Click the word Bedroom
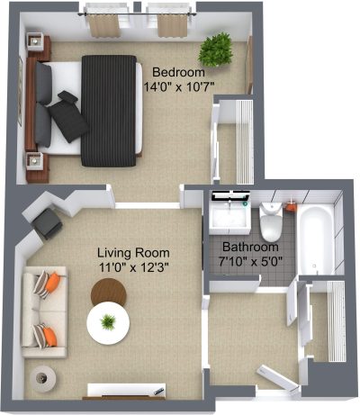tap(178, 73)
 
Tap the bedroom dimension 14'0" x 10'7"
tap(179, 87)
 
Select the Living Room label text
tap(133, 253)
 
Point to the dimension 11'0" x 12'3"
tap(134, 266)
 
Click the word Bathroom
tap(250, 247)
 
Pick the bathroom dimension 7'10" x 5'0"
tap(250, 262)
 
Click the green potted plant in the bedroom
tap(216, 50)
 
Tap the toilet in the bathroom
tap(271, 221)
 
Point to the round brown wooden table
tap(109, 292)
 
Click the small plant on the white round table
tap(108, 322)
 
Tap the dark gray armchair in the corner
tap(47, 223)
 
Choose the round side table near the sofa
tap(42, 379)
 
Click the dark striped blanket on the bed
tap(109, 111)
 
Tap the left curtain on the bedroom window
tap(103, 25)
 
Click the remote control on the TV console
tap(158, 391)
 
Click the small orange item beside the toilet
tap(291, 207)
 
